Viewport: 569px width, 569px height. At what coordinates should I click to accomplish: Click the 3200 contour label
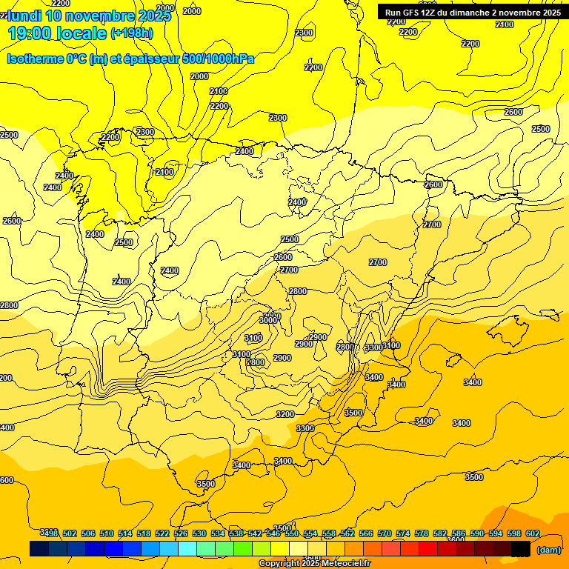(285, 414)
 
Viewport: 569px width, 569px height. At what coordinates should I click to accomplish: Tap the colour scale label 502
(70, 533)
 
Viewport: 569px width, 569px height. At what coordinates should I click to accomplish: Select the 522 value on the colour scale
(162, 533)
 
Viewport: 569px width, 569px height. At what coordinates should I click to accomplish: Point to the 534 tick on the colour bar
(218, 533)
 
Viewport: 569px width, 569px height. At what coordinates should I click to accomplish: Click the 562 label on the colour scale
(347, 533)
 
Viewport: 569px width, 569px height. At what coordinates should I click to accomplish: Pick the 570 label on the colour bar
(385, 533)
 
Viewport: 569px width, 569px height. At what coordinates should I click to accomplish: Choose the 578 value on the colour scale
(422, 533)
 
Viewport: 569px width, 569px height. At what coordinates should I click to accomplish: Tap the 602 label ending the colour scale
(533, 533)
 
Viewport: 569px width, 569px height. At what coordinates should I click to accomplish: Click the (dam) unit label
(548, 550)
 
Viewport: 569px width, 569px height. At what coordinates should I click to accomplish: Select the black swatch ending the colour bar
(521, 549)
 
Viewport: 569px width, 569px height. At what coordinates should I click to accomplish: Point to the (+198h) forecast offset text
(131, 33)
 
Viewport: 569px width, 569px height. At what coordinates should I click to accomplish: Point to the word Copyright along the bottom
(279, 564)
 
